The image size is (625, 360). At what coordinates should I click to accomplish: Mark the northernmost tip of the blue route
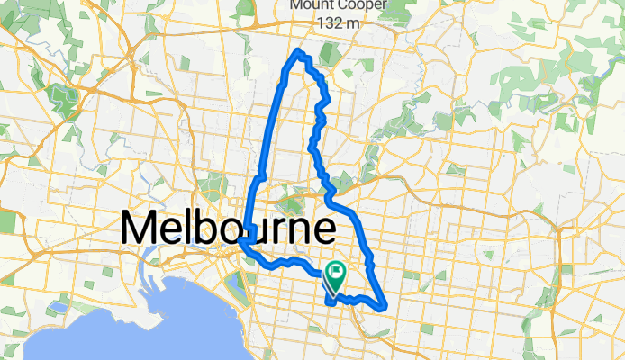(298, 51)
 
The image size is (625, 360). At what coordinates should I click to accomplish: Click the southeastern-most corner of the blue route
(385, 307)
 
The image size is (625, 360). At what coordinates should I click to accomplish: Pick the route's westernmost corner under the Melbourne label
(242, 241)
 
